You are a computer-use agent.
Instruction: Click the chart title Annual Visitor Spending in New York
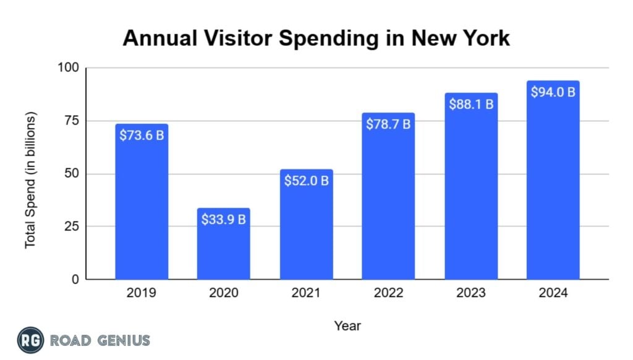[x=316, y=38]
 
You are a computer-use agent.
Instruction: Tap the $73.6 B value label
[x=142, y=134]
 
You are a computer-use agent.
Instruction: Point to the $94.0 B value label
[x=553, y=92]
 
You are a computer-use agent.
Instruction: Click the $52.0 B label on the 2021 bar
[x=306, y=181]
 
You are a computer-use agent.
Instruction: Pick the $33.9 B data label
[x=224, y=219]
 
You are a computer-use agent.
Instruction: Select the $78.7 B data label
[x=388, y=124]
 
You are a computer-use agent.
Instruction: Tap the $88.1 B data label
[x=471, y=104]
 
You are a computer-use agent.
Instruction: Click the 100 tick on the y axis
[x=69, y=68]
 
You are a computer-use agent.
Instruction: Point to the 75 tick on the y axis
[x=72, y=121]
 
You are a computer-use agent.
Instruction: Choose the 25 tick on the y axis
[x=72, y=226]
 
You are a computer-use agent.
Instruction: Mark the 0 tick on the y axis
[x=75, y=279]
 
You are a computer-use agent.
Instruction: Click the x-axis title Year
[x=347, y=325]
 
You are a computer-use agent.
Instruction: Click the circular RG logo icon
[x=30, y=340]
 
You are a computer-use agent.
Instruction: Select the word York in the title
[x=483, y=38]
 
